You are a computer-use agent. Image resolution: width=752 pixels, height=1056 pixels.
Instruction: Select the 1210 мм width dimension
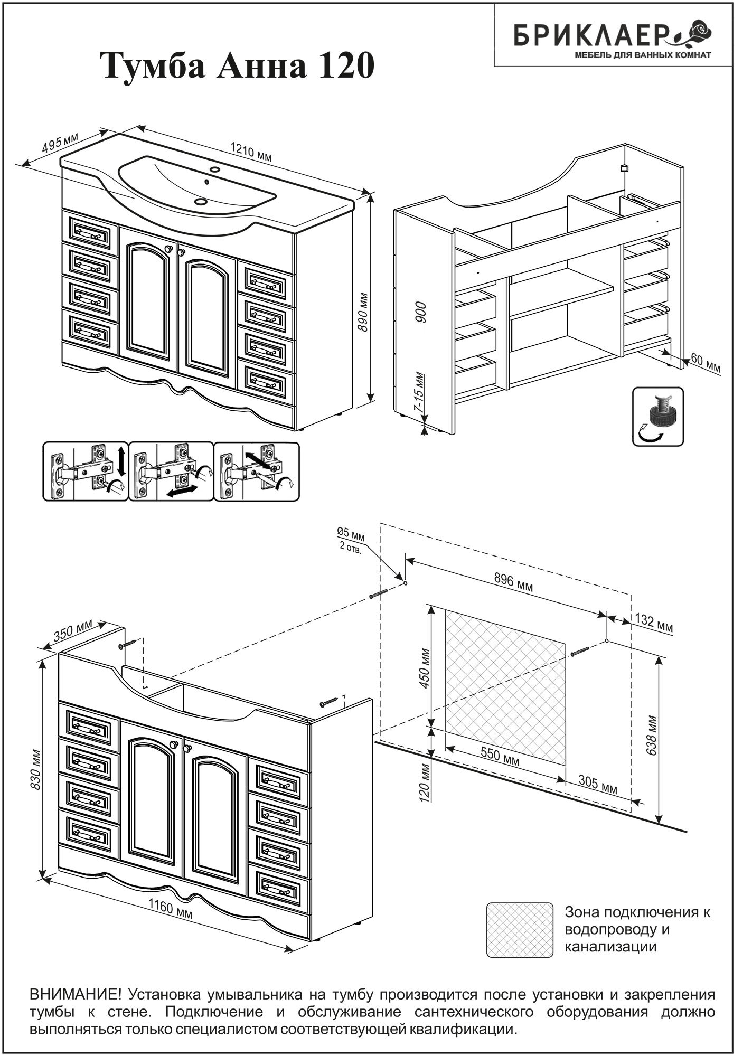coord(251,153)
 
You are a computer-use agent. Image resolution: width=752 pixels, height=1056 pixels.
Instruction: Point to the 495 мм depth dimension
coord(60,143)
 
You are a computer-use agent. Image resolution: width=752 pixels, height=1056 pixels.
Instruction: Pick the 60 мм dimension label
coord(705,364)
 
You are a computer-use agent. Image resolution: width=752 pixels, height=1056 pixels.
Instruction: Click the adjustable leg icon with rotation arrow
coord(657,417)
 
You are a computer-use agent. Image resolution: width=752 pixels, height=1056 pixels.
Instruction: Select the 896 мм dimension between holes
coord(513,583)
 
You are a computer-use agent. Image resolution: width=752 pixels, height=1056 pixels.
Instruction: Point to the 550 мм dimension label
coord(500,758)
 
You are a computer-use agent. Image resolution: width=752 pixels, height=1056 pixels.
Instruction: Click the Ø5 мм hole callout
coord(351,541)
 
